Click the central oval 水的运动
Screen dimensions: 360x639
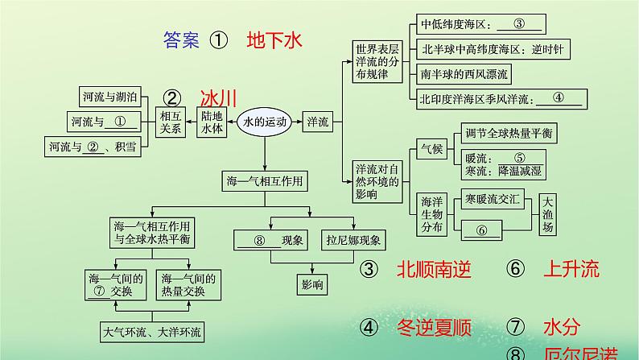tap(265, 122)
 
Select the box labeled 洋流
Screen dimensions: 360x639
tap(318, 122)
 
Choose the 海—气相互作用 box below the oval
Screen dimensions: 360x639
tap(265, 181)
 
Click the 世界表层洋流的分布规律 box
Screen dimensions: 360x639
tap(377, 62)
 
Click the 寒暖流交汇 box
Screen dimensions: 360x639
tap(489, 197)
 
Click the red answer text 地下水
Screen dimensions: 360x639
tap(274, 40)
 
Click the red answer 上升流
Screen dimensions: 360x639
tap(572, 270)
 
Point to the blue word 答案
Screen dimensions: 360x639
tap(180, 40)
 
